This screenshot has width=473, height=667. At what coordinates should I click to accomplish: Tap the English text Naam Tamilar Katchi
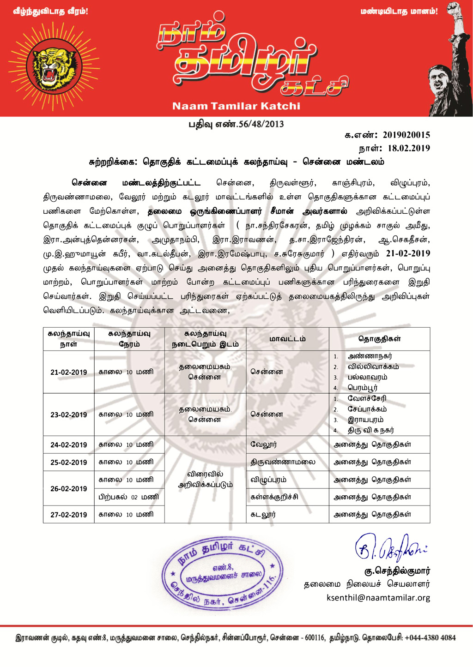[x=236, y=106]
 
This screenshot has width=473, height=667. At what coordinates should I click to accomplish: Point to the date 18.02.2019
[x=409, y=148]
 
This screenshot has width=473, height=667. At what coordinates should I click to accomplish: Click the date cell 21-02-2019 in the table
[x=68, y=373]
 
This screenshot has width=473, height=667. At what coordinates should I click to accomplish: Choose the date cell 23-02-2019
[x=68, y=415]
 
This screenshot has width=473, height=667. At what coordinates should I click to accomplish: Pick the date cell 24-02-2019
[x=68, y=445]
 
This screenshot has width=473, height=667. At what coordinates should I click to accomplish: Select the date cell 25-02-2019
[x=68, y=463]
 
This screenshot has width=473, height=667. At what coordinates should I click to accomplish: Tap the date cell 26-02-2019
[x=68, y=489]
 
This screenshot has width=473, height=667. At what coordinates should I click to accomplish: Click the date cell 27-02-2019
[x=68, y=515]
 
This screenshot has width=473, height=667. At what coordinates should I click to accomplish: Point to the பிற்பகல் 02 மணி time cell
[x=129, y=497]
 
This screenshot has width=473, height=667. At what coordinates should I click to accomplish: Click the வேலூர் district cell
[x=264, y=445]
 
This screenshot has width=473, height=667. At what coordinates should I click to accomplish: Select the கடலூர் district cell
[x=263, y=515]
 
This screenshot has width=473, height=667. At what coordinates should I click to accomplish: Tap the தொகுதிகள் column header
[x=379, y=339]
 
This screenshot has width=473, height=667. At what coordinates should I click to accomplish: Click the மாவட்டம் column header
[x=287, y=339]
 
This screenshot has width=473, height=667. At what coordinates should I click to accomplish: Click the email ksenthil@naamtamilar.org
[x=378, y=598]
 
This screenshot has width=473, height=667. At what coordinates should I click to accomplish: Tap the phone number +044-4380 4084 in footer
[x=430, y=638]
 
